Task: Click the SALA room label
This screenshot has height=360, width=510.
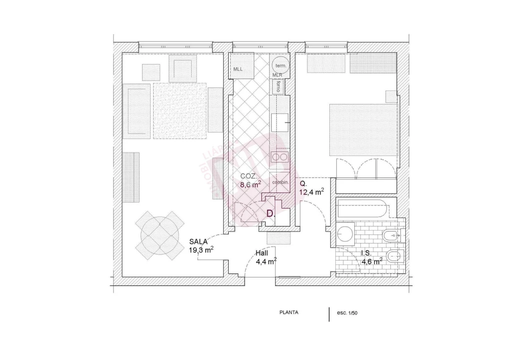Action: tap(199, 241)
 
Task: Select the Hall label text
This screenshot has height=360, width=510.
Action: tap(262, 253)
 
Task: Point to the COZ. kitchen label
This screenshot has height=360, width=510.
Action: tap(249, 176)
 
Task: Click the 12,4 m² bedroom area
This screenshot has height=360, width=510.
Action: tap(311, 191)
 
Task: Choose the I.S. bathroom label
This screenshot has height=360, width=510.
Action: tap(366, 253)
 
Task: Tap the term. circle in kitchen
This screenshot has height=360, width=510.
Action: tap(280, 65)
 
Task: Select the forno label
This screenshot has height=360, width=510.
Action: tap(278, 86)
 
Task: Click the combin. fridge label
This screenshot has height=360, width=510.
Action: tap(280, 182)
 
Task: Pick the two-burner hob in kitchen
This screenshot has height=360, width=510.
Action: tap(279, 157)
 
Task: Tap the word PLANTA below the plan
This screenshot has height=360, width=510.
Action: tap(289, 312)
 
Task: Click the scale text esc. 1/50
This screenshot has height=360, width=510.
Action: tap(347, 313)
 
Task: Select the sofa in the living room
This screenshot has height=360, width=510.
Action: tap(137, 110)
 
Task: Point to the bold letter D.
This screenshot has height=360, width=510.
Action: tap(270, 213)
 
